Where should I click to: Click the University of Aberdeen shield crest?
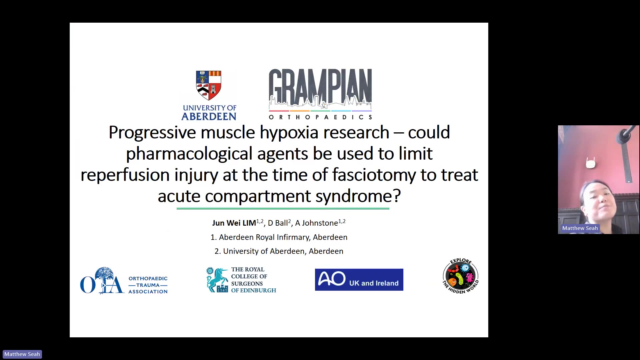209,85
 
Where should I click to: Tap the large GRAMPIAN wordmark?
320,89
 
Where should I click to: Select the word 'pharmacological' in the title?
189,154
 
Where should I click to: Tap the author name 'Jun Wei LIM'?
234,223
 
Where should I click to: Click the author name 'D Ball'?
278,223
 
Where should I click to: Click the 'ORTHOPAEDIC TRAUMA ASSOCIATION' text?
148,285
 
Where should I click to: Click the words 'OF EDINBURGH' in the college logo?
254,290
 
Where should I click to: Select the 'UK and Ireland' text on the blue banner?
374,283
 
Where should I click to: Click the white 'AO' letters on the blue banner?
332,279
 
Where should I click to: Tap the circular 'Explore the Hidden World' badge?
461,276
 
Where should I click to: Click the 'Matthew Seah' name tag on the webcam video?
580,228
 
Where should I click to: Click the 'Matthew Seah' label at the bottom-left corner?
22,354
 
